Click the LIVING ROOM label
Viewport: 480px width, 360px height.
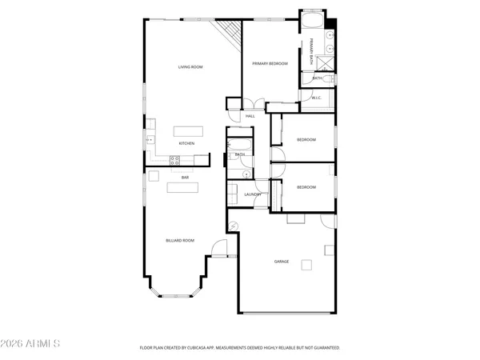coord(190,67)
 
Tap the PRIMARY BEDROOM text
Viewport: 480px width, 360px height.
coord(270,63)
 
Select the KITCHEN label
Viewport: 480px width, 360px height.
coord(186,143)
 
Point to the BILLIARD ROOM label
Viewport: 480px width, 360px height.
coord(180,240)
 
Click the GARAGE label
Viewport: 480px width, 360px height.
coord(282,262)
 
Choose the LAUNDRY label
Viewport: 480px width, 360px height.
coord(254,194)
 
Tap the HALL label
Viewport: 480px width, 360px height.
coord(250,117)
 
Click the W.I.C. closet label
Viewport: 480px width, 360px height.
coord(317,98)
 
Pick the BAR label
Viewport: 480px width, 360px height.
coord(185,177)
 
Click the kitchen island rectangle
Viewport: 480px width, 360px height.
coord(186,130)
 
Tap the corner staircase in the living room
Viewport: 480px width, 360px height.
coord(230,32)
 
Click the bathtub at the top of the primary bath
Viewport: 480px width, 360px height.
coord(312,19)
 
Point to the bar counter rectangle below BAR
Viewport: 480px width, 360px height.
coord(182,188)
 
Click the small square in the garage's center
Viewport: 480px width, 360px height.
coord(306,265)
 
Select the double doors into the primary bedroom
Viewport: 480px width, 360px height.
coord(253,104)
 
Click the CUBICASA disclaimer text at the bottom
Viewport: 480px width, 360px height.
coord(240,348)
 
